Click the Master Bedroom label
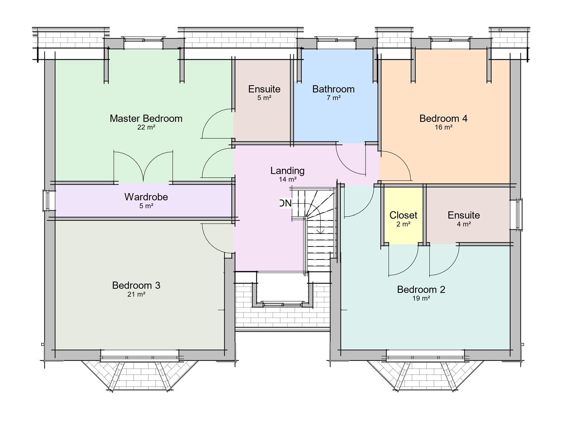pyautogui.click(x=146, y=118)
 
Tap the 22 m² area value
pyautogui.click(x=146, y=127)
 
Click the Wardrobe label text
pyautogui.click(x=146, y=197)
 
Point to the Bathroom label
pyautogui.click(x=333, y=89)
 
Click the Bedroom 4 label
pyautogui.click(x=443, y=118)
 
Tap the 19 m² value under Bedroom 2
pyautogui.click(x=421, y=298)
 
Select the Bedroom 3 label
pyautogui.click(x=136, y=285)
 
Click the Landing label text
pyautogui.click(x=287, y=171)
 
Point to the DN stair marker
pyautogui.click(x=286, y=204)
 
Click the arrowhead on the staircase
pyautogui.click(x=320, y=232)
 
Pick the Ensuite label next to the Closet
pyautogui.click(x=464, y=215)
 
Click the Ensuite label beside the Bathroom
pyautogui.click(x=264, y=89)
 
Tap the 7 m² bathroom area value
pyautogui.click(x=333, y=98)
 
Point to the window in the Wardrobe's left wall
pyautogui.click(x=47, y=201)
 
